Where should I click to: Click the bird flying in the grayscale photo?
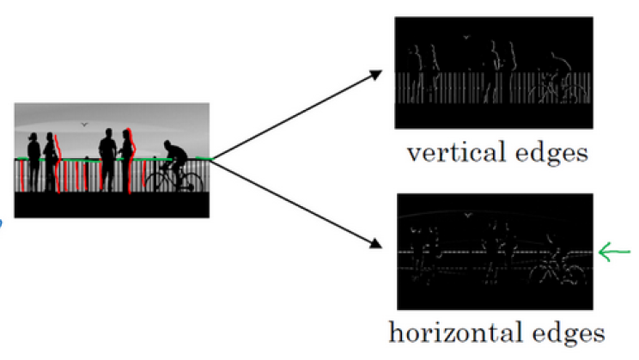[84, 125]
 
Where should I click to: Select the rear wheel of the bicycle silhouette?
[158, 180]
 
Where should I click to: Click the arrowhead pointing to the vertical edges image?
[376, 75]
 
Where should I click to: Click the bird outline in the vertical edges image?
[465, 37]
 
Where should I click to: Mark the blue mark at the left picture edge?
[2, 221]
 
